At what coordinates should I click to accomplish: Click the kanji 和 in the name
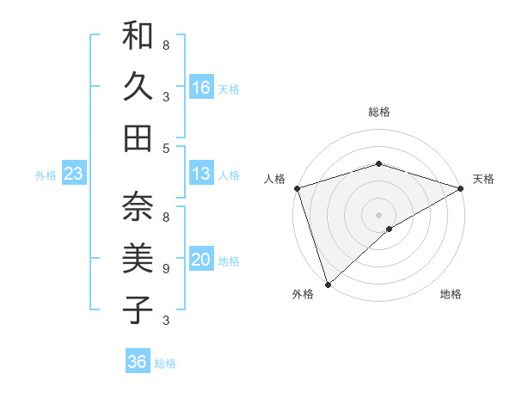138,37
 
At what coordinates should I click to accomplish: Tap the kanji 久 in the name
138,87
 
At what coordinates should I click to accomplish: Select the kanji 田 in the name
138,138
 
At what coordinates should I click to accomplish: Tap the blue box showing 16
201,88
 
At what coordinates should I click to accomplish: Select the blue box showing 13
201,174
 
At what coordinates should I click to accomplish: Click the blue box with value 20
201,260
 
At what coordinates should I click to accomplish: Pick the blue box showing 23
74,174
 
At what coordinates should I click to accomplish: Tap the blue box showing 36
138,362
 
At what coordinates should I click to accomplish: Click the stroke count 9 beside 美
166,269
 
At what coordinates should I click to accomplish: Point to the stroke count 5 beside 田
166,148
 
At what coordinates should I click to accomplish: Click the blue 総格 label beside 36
165,364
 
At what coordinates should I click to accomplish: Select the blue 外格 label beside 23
46,175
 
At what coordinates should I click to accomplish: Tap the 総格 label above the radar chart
378,112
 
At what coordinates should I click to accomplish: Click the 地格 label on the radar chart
451,295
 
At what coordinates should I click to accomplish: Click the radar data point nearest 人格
296,189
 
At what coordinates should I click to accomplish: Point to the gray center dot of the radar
378,214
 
